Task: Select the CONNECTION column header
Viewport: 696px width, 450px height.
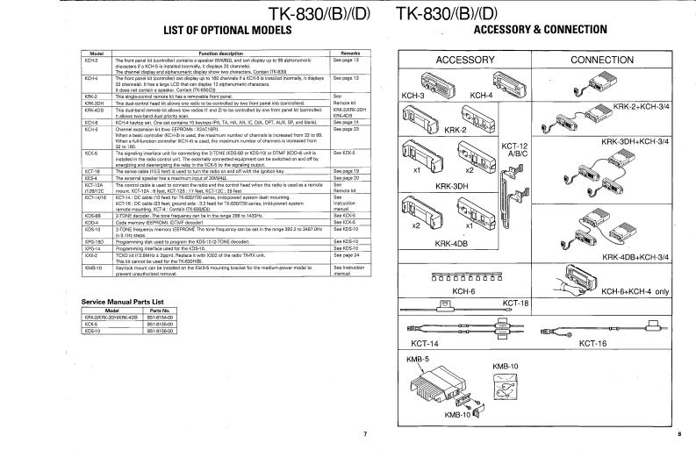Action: [x=607, y=61]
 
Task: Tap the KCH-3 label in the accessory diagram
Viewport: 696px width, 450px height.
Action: [x=413, y=95]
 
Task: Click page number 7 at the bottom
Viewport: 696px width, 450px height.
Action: [x=364, y=434]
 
